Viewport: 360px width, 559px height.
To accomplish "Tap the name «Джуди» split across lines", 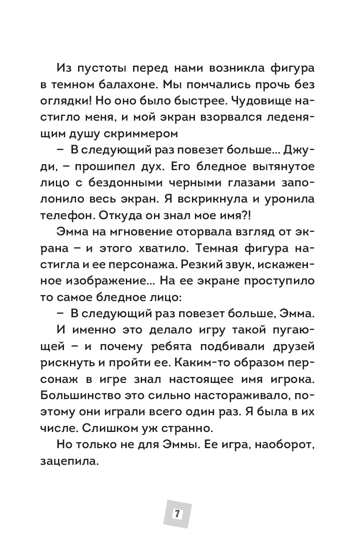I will [x=295, y=151].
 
